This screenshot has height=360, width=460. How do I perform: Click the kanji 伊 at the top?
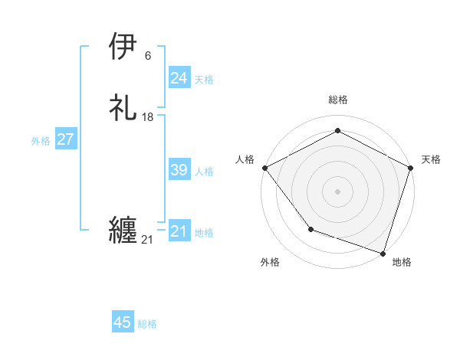[124, 47]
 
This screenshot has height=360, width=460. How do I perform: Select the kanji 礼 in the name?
[124, 109]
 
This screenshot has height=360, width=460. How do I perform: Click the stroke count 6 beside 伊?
[147, 56]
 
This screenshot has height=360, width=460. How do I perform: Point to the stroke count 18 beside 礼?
[148, 117]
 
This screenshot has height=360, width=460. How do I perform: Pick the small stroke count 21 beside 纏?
[147, 240]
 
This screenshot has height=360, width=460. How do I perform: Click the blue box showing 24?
[179, 78]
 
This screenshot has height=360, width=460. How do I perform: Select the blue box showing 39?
[179, 170]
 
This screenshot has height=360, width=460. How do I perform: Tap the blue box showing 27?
[65, 139]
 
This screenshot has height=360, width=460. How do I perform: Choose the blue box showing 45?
[123, 322]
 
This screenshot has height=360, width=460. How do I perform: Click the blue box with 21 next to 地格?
[179, 231]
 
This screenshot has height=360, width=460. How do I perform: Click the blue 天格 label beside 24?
[204, 79]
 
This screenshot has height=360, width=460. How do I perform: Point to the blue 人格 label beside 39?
[204, 171]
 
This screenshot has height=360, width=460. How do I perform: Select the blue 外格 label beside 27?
[41, 140]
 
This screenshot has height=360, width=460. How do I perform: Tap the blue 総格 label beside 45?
[147, 323]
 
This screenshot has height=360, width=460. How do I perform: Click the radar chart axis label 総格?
[337, 100]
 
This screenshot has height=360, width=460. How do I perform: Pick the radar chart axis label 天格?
[431, 159]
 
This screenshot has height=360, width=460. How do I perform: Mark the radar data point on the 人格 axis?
[264, 168]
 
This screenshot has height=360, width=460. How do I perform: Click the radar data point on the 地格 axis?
[382, 252]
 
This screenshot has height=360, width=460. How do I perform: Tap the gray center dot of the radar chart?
[337, 191]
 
